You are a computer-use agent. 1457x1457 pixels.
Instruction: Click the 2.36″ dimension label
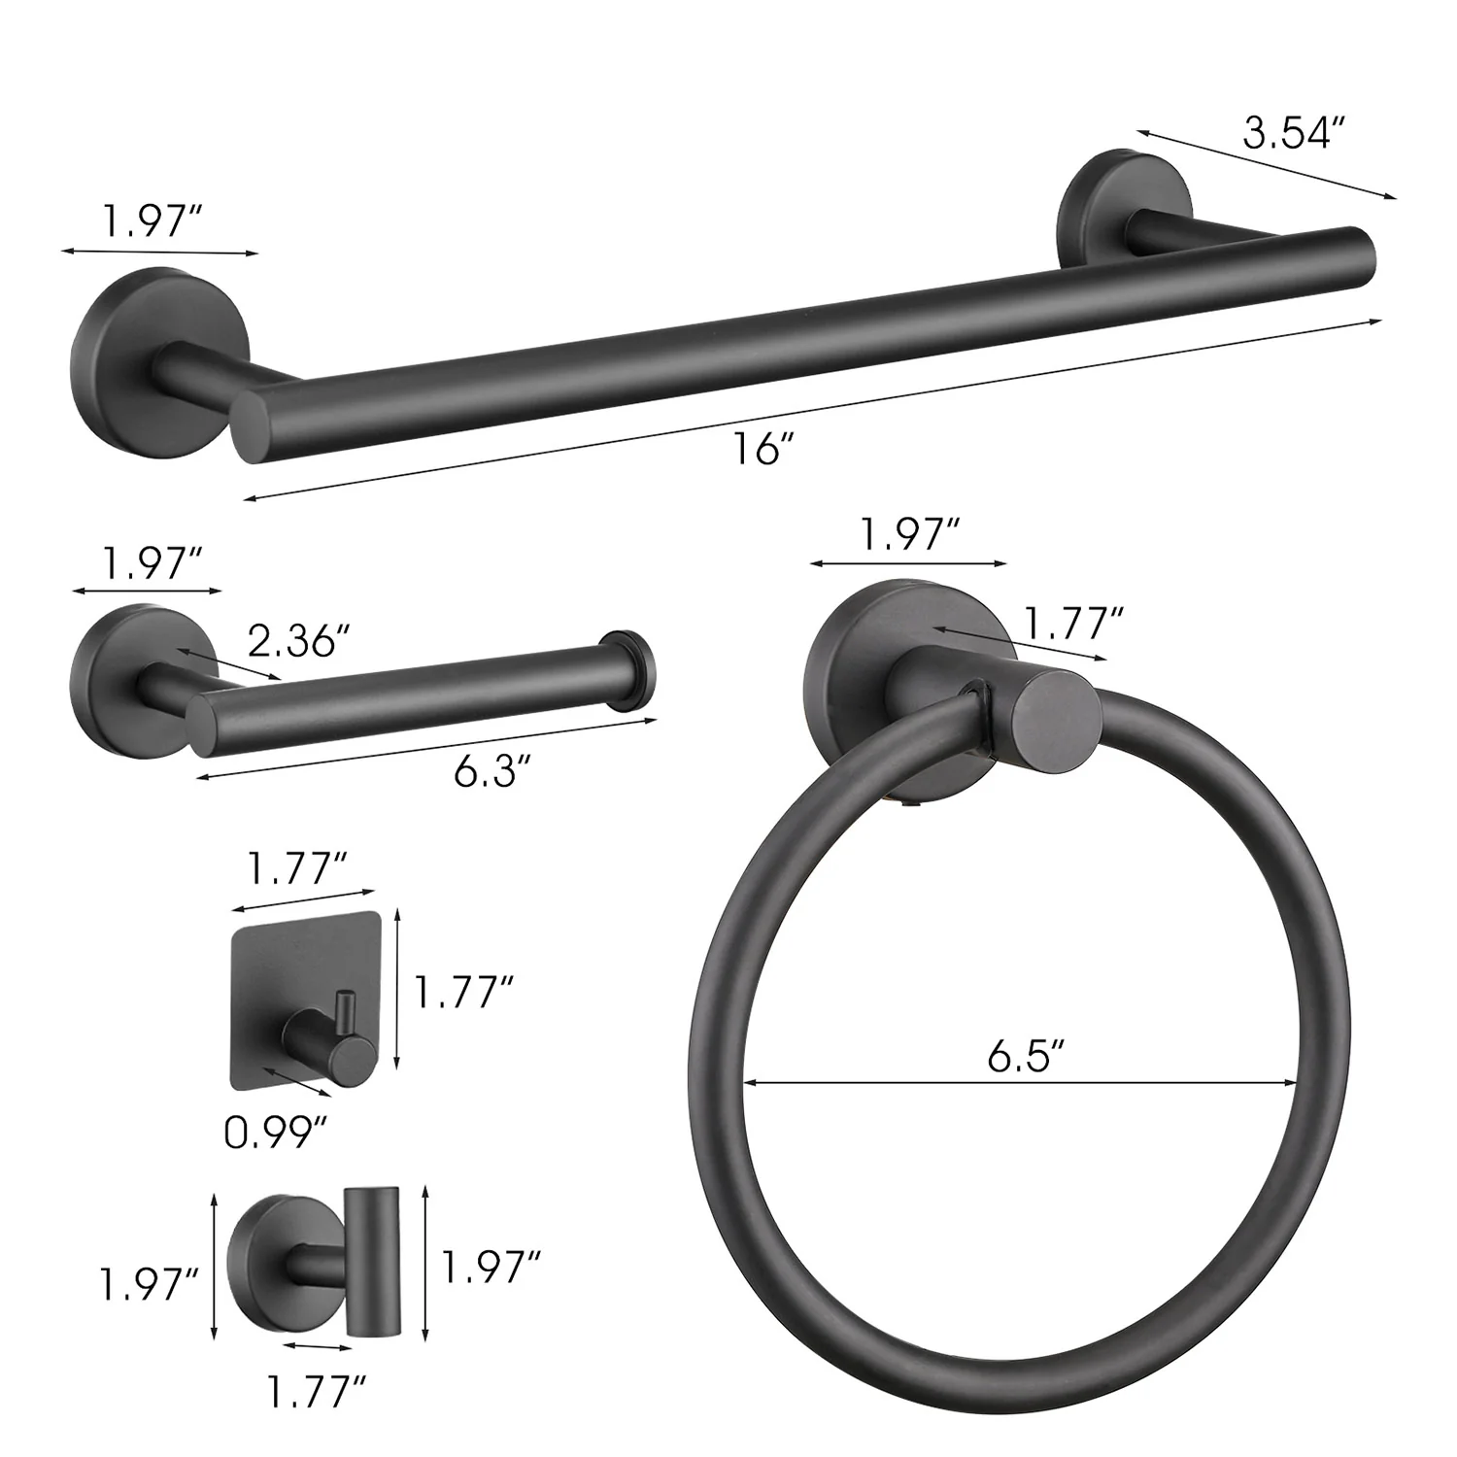(x=297, y=641)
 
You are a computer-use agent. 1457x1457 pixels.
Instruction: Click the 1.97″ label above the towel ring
(x=911, y=535)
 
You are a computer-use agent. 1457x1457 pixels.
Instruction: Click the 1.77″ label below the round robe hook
(x=321, y=1395)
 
